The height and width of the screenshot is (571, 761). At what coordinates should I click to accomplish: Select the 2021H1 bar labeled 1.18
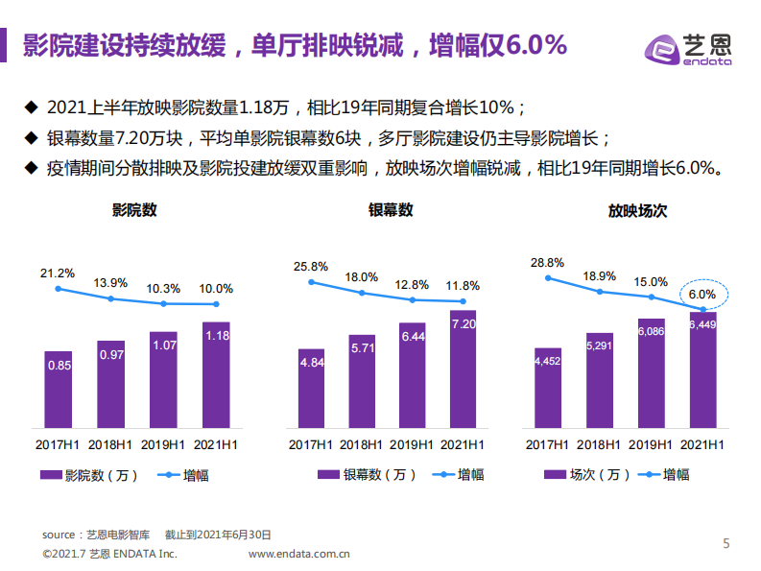point(217,374)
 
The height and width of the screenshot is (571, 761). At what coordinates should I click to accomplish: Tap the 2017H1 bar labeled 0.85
point(59,389)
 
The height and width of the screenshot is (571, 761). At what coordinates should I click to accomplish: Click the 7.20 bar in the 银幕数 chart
point(463,369)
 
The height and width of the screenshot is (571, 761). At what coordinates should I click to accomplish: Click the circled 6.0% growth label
point(703,295)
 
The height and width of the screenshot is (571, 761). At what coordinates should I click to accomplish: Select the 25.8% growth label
point(311,266)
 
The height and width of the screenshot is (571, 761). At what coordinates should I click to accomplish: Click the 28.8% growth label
point(547,262)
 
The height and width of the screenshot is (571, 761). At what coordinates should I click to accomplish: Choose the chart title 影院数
point(134,209)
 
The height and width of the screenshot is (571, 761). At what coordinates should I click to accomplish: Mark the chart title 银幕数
point(390,209)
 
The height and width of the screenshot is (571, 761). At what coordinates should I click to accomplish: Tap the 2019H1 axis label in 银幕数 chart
point(413,444)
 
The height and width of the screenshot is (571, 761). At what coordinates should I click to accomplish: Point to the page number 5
point(726,543)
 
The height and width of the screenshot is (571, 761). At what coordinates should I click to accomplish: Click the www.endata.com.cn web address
point(298,554)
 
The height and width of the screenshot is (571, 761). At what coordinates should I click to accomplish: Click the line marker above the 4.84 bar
point(311,282)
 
